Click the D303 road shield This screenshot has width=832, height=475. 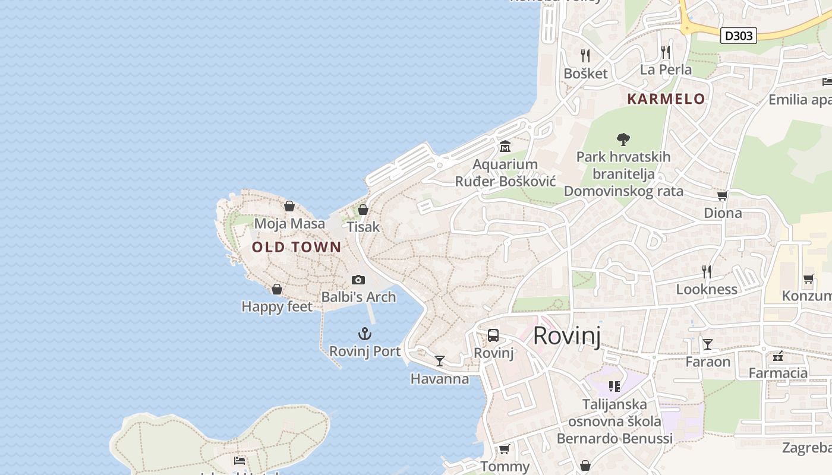[739, 36]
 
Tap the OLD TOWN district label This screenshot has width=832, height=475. [297, 247]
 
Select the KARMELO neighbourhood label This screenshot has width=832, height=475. [666, 99]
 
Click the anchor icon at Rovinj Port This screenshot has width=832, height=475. [365, 334]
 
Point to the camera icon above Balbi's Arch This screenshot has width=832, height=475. [358, 280]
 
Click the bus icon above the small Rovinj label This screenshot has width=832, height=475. [493, 335]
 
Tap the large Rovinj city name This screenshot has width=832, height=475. [567, 335]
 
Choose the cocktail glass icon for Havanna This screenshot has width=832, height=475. [440, 360]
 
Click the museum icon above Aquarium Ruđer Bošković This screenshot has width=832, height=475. [505, 146]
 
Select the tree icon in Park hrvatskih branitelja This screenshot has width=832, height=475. [623, 140]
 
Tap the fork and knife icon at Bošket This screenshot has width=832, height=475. [585, 56]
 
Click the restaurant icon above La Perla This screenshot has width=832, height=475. [666, 52]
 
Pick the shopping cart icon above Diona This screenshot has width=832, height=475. [723, 195]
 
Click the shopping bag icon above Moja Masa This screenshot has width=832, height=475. [289, 206]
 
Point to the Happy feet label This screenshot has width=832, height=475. [277, 306]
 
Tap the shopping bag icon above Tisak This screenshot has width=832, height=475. [363, 210]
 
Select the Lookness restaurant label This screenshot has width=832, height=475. [707, 289]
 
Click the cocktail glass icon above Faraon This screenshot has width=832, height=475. [708, 344]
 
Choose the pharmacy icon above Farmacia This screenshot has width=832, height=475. [778, 356]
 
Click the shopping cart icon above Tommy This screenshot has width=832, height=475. [505, 449]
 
